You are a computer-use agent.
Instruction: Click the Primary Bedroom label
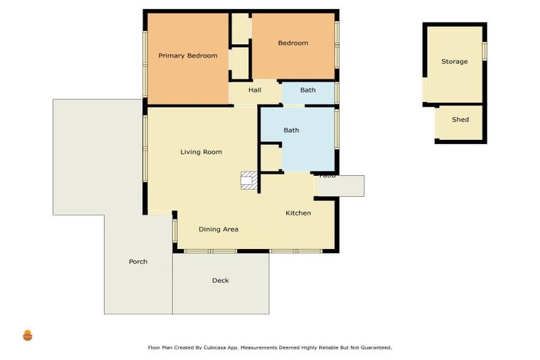pos(187,56)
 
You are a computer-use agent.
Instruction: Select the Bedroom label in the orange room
pos(292,43)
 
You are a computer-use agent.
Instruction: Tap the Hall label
pos(255,90)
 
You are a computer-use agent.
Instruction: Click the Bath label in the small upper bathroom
pos(308,90)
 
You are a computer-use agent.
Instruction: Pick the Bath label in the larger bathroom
pos(291,130)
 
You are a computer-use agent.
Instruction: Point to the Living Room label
pos(201,152)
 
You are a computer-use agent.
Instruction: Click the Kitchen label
pos(298,213)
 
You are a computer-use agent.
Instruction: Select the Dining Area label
pos(218,229)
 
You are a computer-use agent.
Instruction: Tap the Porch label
pos(138,262)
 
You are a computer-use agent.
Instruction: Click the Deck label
pos(220,281)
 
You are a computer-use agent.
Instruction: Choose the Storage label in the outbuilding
pos(454,62)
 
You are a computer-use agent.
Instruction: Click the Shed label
pos(460,120)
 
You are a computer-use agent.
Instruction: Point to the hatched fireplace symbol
pos(249,181)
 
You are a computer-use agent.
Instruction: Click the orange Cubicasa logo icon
pos(28,335)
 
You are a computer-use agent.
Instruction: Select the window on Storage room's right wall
pos(484,51)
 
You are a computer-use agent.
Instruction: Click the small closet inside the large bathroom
pos(270,157)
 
